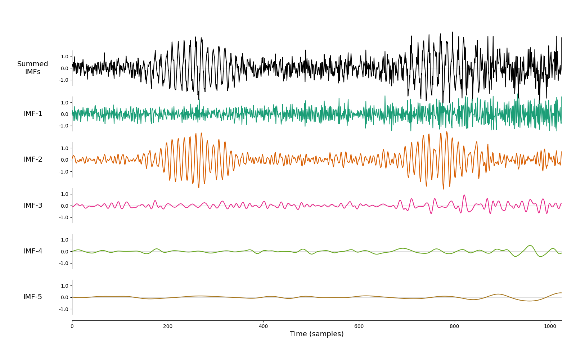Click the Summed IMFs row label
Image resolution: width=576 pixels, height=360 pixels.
(33, 68)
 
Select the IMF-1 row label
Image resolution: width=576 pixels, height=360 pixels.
(33, 114)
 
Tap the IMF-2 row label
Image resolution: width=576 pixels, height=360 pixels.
(33, 159)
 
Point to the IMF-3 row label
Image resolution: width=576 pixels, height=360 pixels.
(33, 206)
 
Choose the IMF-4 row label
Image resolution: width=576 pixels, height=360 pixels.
(33, 251)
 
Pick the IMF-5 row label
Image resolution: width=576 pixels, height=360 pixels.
(33, 297)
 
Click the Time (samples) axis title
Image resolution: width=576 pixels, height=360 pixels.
(316, 334)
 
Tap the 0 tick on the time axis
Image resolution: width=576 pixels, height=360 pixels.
(72, 326)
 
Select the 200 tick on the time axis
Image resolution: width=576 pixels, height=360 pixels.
(168, 326)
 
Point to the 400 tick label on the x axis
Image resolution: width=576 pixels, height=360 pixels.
(263, 326)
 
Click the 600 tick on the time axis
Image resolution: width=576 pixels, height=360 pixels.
(359, 326)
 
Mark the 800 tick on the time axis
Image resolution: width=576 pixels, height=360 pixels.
(454, 326)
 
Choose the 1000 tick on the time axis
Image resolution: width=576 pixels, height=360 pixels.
(550, 326)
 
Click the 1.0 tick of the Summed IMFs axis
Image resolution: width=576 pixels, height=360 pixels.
(64, 57)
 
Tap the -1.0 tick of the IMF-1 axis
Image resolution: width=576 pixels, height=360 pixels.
(63, 126)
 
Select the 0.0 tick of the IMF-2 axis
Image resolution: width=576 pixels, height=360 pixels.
(64, 160)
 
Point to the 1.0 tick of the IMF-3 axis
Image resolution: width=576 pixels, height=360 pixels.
(64, 194)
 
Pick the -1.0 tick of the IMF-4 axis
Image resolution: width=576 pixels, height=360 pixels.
(63, 263)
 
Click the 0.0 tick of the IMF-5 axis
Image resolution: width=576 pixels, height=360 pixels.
(64, 297)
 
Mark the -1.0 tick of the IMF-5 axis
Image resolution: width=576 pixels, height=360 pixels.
(63, 309)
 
